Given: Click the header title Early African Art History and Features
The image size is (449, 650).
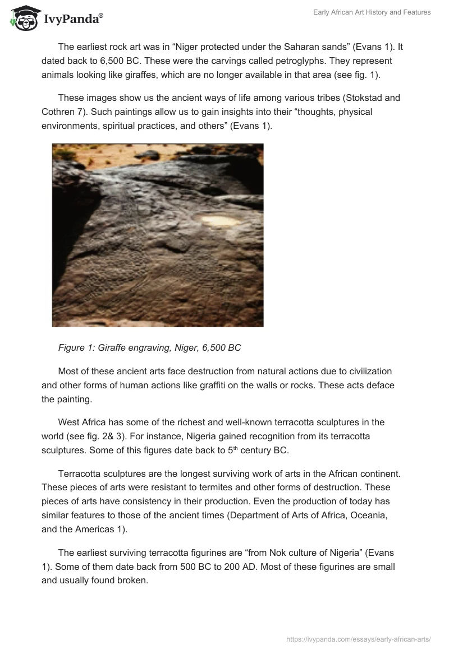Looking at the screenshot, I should [x=372, y=12].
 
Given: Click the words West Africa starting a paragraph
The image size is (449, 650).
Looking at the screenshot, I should [x=82, y=422].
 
